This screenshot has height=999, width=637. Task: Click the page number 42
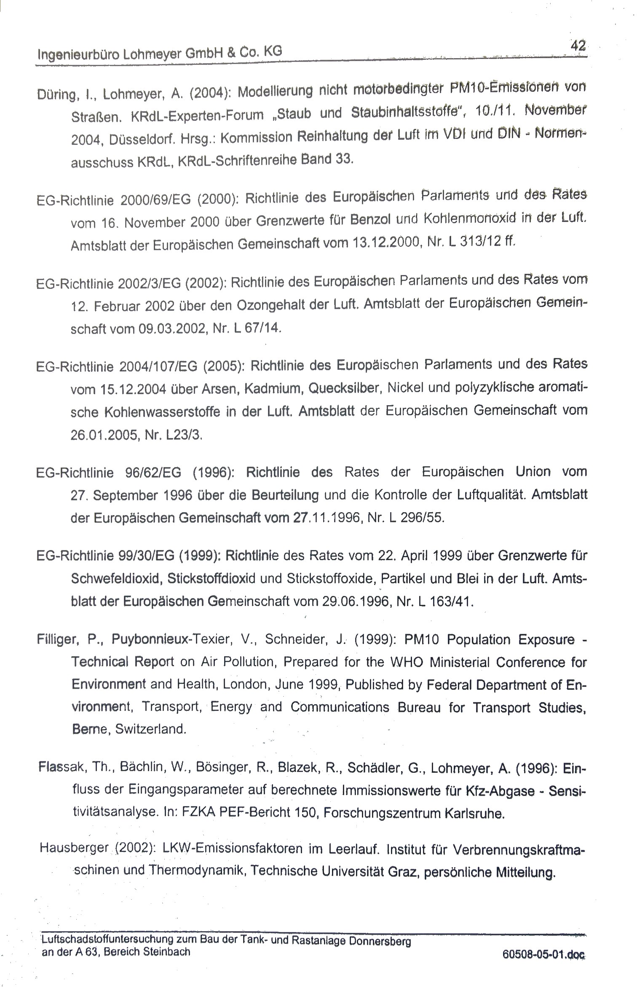pyautogui.click(x=578, y=45)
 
